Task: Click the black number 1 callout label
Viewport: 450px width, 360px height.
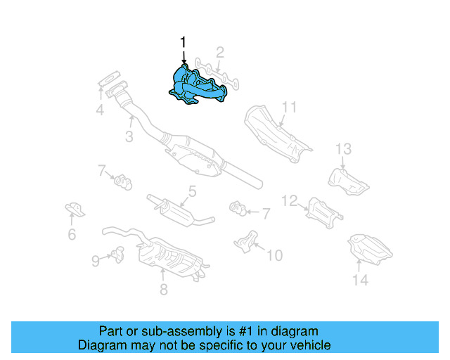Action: click(183, 44)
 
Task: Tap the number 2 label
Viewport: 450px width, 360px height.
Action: click(220, 52)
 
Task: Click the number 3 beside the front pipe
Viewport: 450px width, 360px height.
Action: click(129, 138)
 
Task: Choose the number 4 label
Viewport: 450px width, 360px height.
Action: click(100, 110)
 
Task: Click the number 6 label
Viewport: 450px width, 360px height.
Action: click(72, 235)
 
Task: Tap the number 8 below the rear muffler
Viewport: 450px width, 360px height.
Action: click(163, 288)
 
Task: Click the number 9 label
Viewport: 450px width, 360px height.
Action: click(96, 261)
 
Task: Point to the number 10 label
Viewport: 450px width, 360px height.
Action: click(274, 254)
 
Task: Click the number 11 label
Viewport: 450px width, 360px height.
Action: click(290, 108)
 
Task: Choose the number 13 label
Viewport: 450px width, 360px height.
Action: click(342, 148)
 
